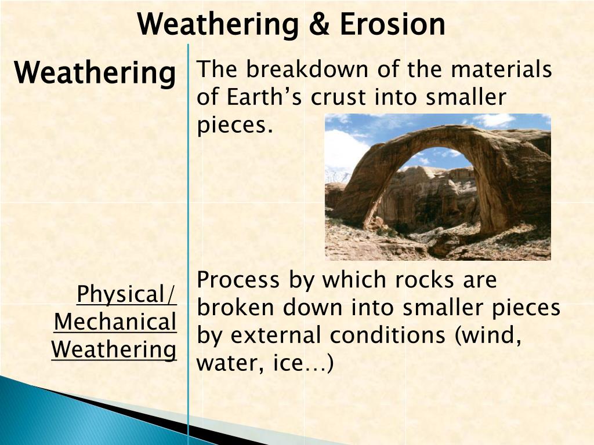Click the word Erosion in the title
[393, 24]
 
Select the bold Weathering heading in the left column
[95, 74]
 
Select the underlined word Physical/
[126, 294]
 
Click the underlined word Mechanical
[115, 322]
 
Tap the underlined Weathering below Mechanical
[114, 350]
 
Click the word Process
[238, 280]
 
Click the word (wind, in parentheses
[487, 335]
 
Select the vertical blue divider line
[189, 232]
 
